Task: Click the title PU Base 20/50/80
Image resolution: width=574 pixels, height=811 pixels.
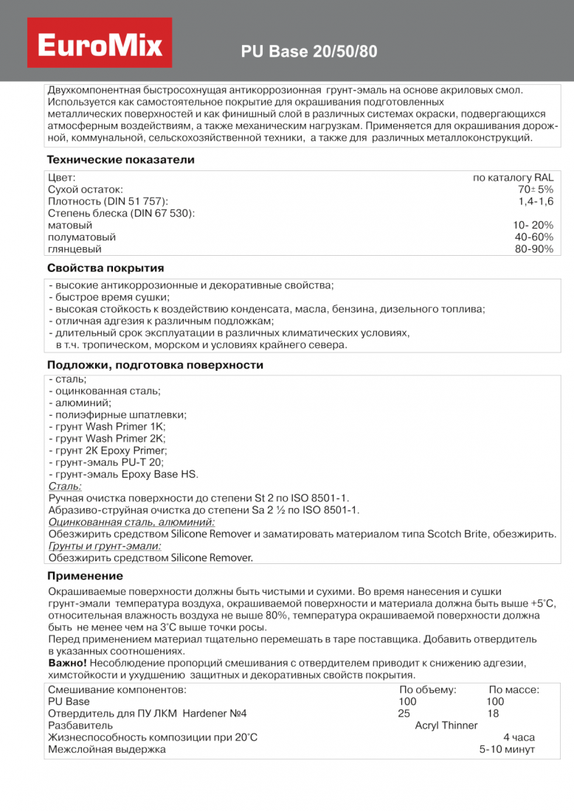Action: (x=309, y=52)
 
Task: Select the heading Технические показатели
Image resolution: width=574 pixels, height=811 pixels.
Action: (x=120, y=159)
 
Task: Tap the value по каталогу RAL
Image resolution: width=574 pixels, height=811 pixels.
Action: (x=513, y=178)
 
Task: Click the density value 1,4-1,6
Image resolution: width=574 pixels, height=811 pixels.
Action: (x=536, y=201)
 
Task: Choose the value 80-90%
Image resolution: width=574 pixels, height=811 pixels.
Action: (x=534, y=249)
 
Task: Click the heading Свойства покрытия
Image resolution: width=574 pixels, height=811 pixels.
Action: (x=106, y=268)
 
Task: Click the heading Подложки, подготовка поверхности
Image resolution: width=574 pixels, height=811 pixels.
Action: (x=155, y=365)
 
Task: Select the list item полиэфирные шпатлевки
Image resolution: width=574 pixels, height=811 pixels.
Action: (x=117, y=414)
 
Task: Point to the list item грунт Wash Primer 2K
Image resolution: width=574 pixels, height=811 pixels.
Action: (x=107, y=438)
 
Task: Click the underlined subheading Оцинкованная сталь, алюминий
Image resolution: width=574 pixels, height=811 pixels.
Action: (x=131, y=522)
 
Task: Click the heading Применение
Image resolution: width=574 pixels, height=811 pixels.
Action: (x=85, y=576)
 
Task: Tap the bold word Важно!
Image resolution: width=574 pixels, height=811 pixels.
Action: (x=67, y=663)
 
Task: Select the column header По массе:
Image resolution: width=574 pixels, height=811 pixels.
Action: (x=514, y=690)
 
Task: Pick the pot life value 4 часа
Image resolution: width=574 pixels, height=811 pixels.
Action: (x=519, y=737)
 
